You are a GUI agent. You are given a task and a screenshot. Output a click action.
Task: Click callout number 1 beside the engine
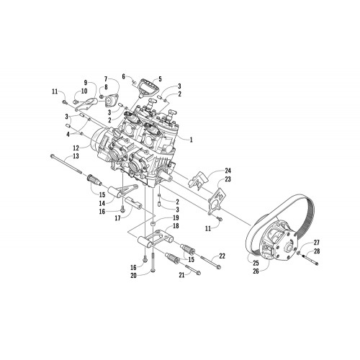191,140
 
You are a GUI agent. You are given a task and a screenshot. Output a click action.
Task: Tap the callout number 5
160,78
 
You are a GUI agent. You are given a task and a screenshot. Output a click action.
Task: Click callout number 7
107,78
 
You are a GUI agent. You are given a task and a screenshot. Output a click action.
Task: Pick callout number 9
86,83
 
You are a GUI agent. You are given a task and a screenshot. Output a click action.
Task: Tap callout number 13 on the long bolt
76,156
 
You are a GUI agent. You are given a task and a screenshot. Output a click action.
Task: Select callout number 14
102,203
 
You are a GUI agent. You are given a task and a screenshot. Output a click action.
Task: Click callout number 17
118,218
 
